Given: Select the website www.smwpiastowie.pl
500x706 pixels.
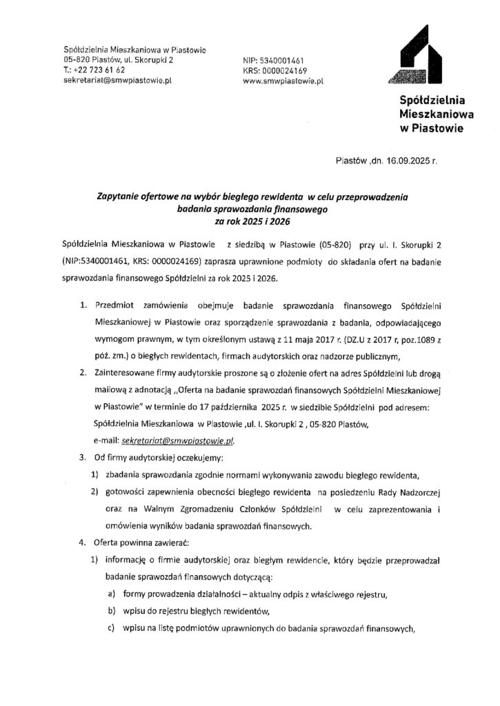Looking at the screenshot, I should (283, 81).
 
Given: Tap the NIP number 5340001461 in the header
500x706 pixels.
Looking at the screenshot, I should (290, 60).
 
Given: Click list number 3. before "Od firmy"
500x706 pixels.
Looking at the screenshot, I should (81, 457).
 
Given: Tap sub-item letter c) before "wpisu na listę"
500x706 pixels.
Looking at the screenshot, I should (110, 627).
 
